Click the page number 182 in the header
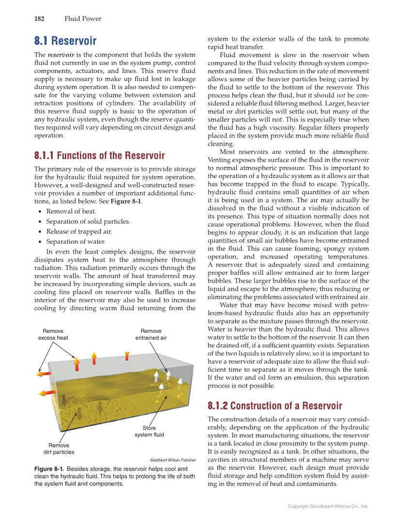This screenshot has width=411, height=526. [x=39, y=19]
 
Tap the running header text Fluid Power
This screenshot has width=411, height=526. [x=83, y=19]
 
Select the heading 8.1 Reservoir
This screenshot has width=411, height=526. [x=65, y=41]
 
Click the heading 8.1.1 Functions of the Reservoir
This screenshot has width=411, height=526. [x=99, y=156]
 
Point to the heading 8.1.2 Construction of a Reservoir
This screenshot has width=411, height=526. [x=274, y=406]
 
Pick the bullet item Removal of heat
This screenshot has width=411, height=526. [x=71, y=211]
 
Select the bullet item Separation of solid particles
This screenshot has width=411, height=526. [x=88, y=222]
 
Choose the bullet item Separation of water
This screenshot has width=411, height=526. [x=76, y=241]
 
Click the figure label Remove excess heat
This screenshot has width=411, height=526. [x=53, y=334]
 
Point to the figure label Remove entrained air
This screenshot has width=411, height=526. [x=151, y=334]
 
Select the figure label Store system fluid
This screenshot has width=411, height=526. [x=149, y=431]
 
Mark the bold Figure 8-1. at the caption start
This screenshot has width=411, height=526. [x=49, y=469]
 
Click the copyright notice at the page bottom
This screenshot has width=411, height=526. [x=328, y=506]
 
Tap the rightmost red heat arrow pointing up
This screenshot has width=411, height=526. [x=127, y=356]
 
